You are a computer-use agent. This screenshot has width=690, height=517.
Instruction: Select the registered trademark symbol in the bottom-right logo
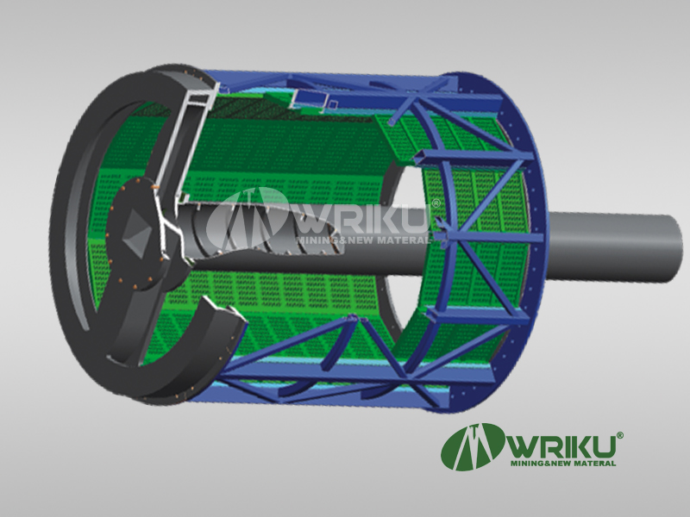coord(619,435)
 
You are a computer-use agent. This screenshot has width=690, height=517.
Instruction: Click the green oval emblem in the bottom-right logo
coord(474,446)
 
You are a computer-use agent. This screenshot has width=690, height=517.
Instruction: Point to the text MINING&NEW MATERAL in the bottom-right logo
coord(563,464)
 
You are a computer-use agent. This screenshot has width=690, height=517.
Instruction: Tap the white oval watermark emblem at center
coord(247,219)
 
